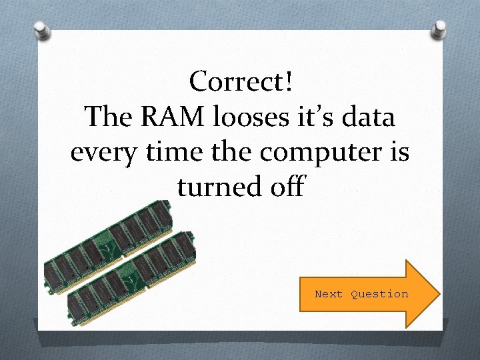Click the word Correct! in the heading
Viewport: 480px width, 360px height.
(x=240, y=82)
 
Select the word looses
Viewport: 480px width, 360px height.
(x=263, y=117)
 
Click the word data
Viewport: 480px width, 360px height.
(x=371, y=117)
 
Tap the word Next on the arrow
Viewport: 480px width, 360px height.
(x=329, y=294)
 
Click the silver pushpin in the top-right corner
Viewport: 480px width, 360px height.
(x=439, y=28)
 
